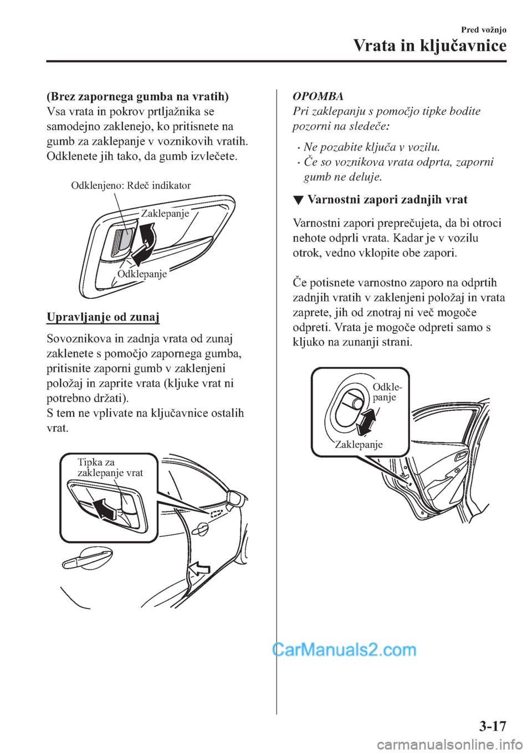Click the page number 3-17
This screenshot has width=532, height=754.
(492, 726)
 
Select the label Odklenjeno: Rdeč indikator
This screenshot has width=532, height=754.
(131, 186)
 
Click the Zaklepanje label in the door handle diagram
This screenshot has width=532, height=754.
(165, 214)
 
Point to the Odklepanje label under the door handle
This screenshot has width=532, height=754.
(142, 274)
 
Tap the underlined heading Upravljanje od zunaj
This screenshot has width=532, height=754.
(103, 317)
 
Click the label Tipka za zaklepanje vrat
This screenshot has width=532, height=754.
(110, 467)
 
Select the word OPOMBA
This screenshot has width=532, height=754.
(318, 96)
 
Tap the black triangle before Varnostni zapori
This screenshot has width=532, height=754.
(298, 200)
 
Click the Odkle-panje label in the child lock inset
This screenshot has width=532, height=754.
(387, 391)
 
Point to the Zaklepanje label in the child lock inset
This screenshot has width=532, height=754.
(359, 445)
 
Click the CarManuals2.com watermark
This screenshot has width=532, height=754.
(344, 649)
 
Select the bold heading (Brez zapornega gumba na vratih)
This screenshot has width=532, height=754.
(137, 96)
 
